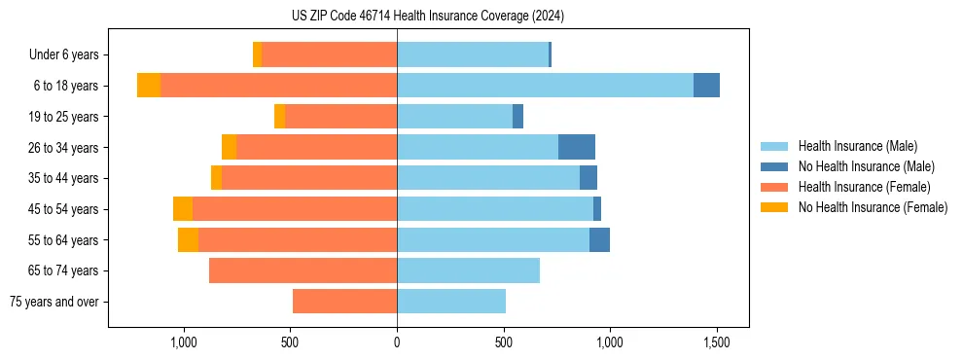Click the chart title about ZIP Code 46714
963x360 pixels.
tap(429, 17)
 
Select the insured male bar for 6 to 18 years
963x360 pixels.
tap(545, 86)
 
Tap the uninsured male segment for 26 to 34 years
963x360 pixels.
tap(577, 147)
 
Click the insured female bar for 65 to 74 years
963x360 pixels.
tap(303, 270)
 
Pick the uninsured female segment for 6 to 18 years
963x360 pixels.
tap(149, 86)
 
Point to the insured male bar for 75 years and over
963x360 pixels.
tap(451, 302)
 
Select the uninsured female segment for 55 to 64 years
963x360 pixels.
tap(188, 240)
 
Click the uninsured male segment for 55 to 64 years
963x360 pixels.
tap(599, 240)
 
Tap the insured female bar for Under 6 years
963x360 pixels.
tap(329, 54)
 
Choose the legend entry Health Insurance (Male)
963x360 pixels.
tap(857, 146)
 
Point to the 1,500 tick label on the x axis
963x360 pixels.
tap(717, 342)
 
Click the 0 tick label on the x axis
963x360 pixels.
tap(397, 342)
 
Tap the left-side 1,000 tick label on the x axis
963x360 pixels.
tap(184, 342)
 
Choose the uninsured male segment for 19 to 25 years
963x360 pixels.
tap(517, 117)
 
